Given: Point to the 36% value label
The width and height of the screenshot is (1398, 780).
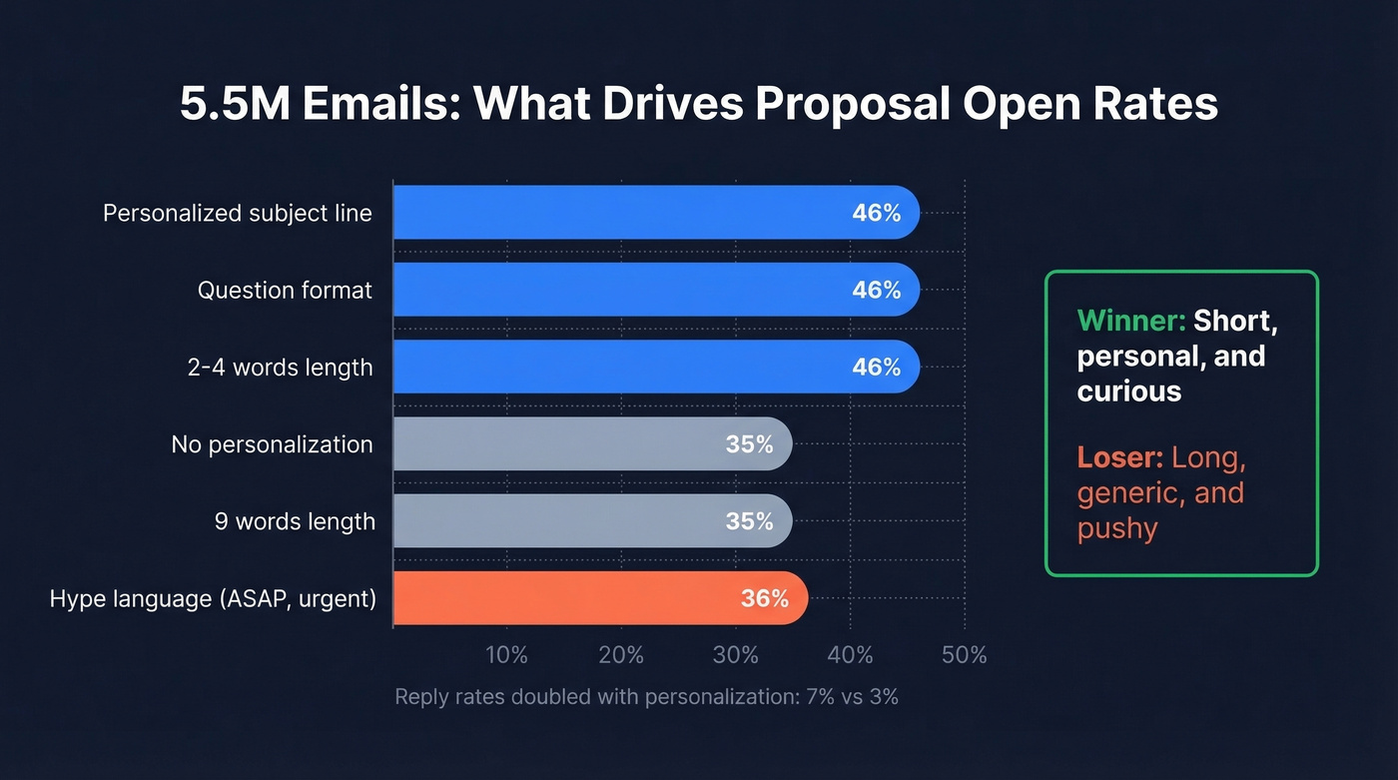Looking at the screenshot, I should point(764,598).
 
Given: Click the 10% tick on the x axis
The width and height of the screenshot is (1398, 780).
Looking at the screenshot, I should point(506,655).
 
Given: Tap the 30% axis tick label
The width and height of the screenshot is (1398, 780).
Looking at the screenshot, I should point(736,655).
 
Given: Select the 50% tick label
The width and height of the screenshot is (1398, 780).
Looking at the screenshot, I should point(964,655).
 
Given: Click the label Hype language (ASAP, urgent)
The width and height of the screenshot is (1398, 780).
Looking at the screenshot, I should point(213,598).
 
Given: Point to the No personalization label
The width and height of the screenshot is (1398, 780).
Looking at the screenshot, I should point(272,444).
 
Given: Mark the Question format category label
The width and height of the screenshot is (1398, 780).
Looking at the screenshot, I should point(285,290).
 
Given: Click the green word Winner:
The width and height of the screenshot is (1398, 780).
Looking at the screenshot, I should point(1131,322).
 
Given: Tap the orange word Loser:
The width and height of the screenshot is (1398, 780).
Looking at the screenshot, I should point(1119,458).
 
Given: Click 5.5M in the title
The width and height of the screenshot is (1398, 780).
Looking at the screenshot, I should point(232,105).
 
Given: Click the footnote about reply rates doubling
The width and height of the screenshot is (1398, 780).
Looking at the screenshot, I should point(646,697).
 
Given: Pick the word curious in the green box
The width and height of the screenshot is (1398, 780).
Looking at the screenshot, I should point(1128,390).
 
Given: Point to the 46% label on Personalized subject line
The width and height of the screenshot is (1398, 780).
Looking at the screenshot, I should point(876,213).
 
